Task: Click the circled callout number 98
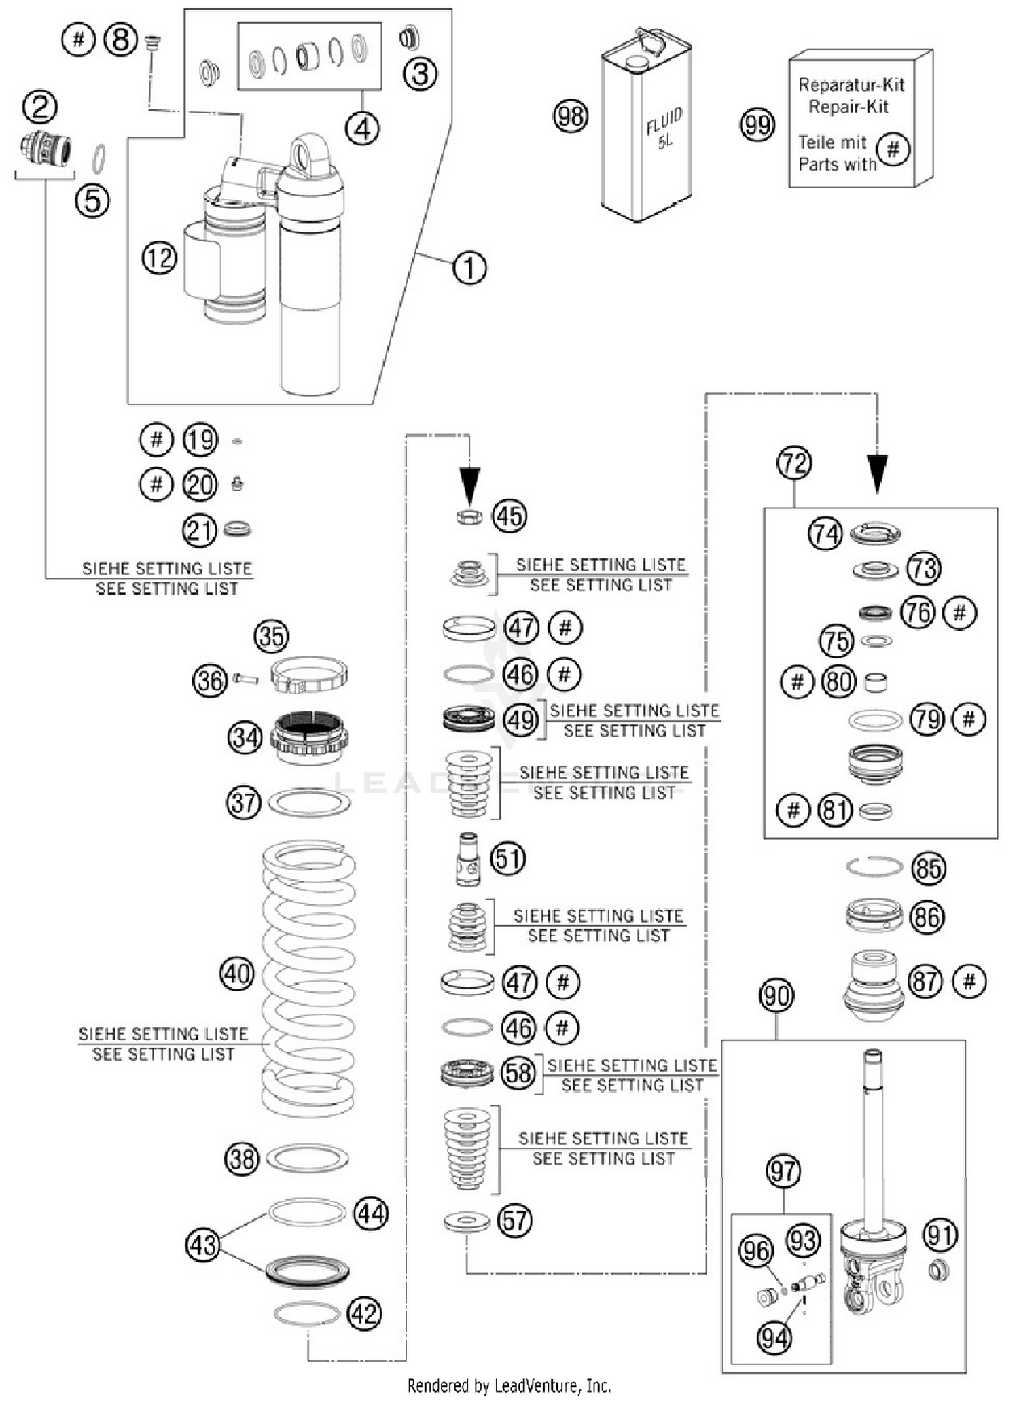pos(570,116)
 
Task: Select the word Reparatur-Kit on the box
pos(851,85)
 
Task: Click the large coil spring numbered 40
pos(309,978)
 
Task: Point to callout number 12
pos(160,258)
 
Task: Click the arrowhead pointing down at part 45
pos(469,483)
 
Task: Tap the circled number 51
pos(508,859)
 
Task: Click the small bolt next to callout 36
pos(245,678)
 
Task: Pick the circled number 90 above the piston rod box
pos(776,996)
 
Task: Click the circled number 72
pos(794,463)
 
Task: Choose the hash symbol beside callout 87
pos(969,981)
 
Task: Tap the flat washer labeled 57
pos(467,1222)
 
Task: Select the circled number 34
pos(245,737)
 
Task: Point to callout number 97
pos(783,1171)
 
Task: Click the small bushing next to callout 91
pos(938,1269)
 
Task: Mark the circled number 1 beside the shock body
pos(469,268)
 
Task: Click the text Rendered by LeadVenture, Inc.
pos(509,1385)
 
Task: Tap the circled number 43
pos(202,1245)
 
